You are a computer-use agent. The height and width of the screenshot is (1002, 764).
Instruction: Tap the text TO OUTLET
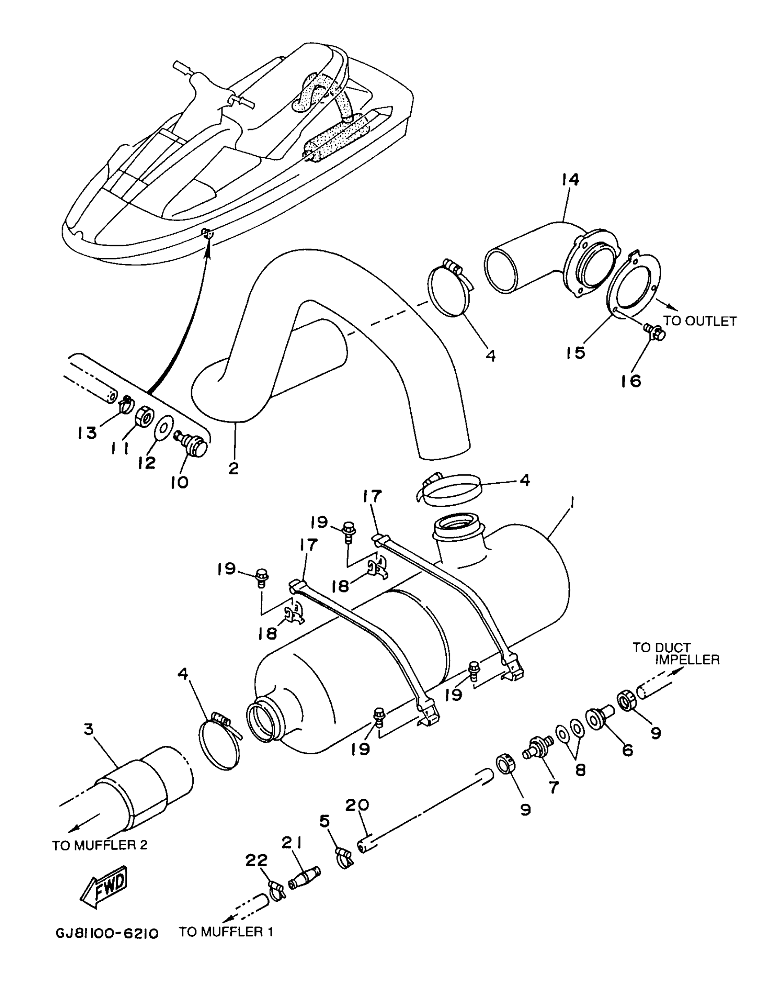(699, 321)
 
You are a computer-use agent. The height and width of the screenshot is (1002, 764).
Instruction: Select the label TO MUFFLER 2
(100, 845)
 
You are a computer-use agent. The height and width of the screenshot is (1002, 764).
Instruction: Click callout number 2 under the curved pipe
(233, 468)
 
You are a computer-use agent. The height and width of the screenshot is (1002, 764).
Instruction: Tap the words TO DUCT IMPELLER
(676, 654)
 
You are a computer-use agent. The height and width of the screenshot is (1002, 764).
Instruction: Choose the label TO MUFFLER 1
(226, 932)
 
